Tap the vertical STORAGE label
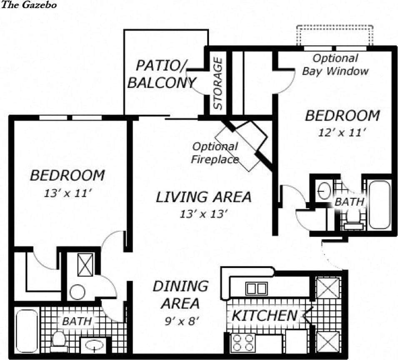pyautogui.click(x=218, y=84)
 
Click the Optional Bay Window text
pyautogui.click(x=335, y=65)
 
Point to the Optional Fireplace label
pyautogui.click(x=215, y=153)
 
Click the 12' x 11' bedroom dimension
pyautogui.click(x=342, y=133)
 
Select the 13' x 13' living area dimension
pyautogui.click(x=203, y=214)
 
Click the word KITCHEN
pyautogui.click(x=264, y=316)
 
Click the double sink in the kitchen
pyautogui.click(x=256, y=288)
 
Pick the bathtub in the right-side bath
pyautogui.click(x=379, y=204)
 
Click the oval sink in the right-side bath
pyautogui.click(x=324, y=191)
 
